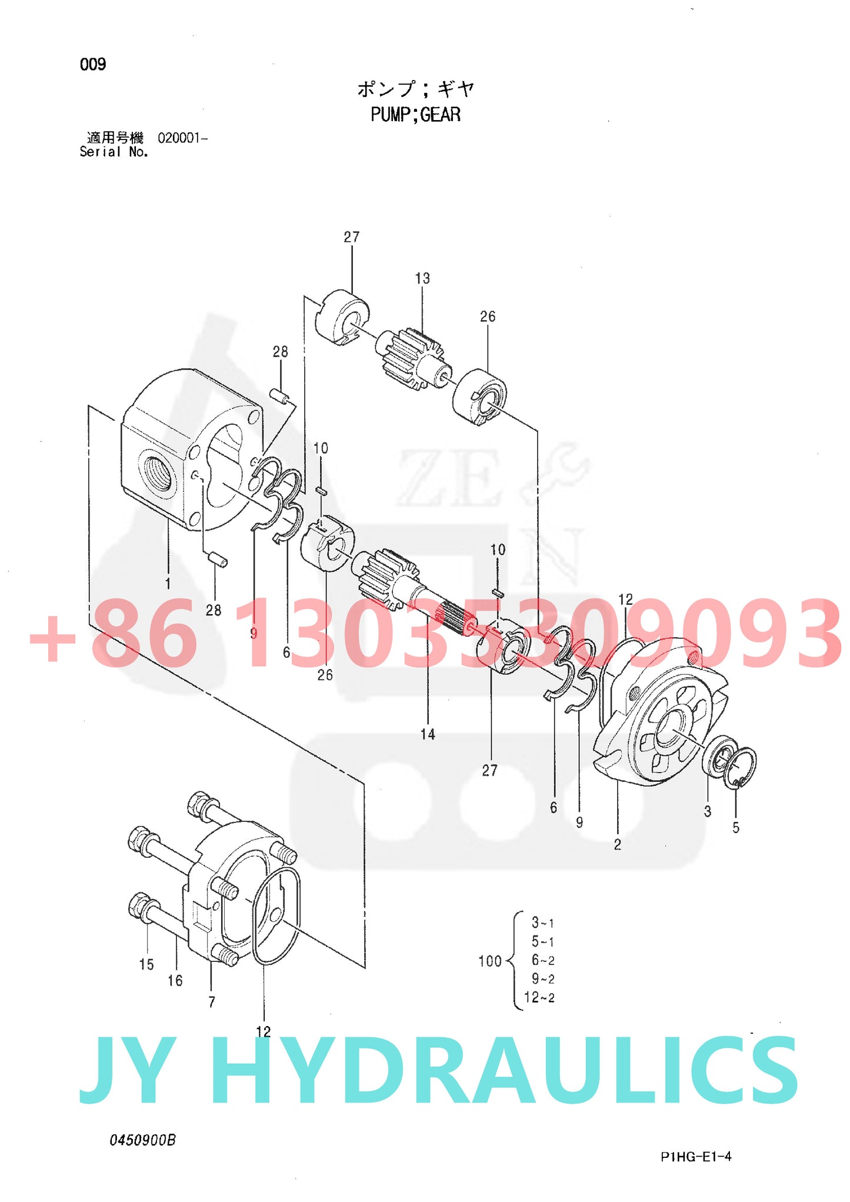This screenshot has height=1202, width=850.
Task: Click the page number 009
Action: coord(93,64)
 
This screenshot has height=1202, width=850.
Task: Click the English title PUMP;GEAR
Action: coord(415,114)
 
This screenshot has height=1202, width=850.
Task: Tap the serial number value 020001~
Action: coord(182,139)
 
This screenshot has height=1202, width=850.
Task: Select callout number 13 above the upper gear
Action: coord(422,278)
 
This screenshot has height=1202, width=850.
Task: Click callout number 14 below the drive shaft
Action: coord(428,734)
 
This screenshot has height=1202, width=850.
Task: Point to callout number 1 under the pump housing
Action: coord(168,584)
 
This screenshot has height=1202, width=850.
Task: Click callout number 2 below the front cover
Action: coord(618,844)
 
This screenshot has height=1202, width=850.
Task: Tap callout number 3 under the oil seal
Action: coord(708,811)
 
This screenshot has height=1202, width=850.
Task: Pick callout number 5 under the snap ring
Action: coord(736,827)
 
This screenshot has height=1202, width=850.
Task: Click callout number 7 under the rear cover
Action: coord(212,1001)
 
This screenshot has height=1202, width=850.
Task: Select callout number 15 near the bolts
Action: coord(146,964)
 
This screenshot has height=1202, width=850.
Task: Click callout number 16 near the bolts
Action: coord(175,980)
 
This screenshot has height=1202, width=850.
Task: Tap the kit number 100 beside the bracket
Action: coord(489,961)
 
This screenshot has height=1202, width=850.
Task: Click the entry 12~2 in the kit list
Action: coord(539,997)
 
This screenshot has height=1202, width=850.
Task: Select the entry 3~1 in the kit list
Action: coord(542,923)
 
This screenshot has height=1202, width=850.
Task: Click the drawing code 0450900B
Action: coord(143,1140)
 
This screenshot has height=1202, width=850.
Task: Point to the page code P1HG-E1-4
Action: coord(696,1157)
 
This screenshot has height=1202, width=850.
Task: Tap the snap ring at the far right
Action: coord(743,767)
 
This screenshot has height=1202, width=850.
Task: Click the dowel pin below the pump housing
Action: coord(218,559)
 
